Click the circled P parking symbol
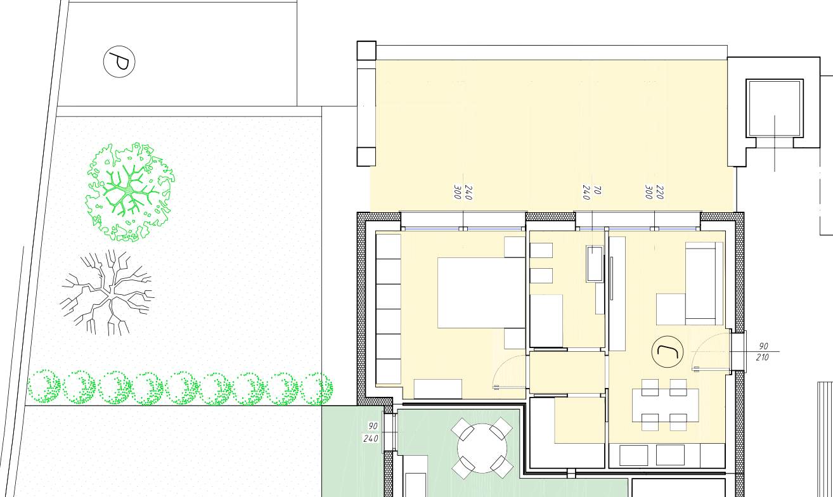(119, 61)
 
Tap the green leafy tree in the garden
(130, 192)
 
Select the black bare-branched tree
(107, 293)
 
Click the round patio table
(482, 448)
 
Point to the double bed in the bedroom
(481, 292)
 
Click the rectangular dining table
(665, 405)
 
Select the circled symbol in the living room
(668, 352)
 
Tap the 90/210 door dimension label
(763, 352)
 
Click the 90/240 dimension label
(371, 432)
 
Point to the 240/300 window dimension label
(463, 193)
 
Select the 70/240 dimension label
(591, 193)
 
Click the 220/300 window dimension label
(654, 192)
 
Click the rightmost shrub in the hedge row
(316, 389)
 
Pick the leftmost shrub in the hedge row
(44, 387)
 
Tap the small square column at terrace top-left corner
(366, 51)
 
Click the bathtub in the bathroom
(594, 263)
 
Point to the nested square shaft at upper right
(775, 108)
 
